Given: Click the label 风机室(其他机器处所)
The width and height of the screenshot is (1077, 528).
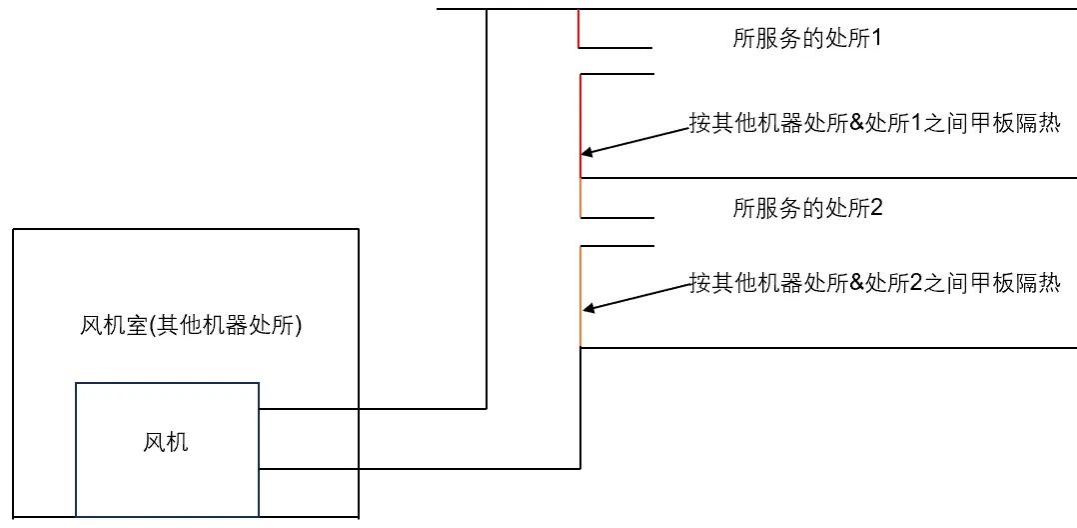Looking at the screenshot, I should pos(190,326).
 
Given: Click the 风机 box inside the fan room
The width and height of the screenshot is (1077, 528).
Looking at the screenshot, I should pos(166,441).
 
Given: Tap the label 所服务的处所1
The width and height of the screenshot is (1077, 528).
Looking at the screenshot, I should pos(807,39).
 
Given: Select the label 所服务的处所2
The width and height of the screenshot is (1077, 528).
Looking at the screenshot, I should pos(807,208).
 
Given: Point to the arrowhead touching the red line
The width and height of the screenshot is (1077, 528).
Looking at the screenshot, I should pos(586,153).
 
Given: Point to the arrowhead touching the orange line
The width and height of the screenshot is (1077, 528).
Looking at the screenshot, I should pos(586,308).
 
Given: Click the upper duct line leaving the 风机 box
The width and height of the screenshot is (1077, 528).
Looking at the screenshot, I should pos(370,408).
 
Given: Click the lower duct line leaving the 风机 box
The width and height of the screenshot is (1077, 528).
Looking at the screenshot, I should pos(420,468).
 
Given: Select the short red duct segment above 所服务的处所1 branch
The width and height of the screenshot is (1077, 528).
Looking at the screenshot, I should pos(578,28).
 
